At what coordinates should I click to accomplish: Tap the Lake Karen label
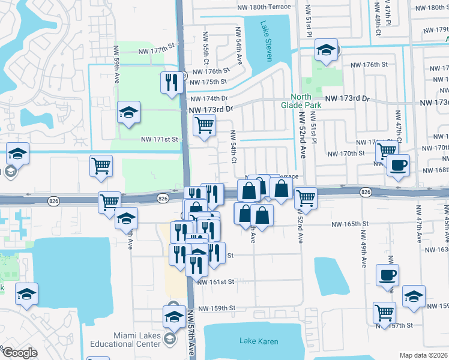pos(259,341)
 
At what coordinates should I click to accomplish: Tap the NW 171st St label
pos(160,139)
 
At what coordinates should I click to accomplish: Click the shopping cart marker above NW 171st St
pos(204,125)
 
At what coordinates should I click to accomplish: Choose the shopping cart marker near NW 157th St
pos(384,311)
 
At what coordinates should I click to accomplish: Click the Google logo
pos(20,353)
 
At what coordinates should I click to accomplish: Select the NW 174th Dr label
pos(209,98)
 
